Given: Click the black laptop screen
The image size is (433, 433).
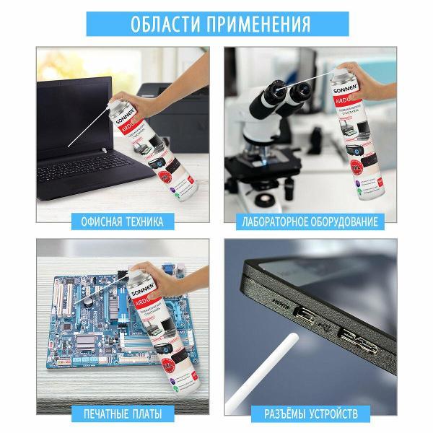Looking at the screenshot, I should click(x=69, y=115).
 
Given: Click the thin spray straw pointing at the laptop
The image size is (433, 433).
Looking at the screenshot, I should click(x=83, y=133).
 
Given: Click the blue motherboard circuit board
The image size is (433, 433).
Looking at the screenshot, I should click(x=79, y=325).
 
